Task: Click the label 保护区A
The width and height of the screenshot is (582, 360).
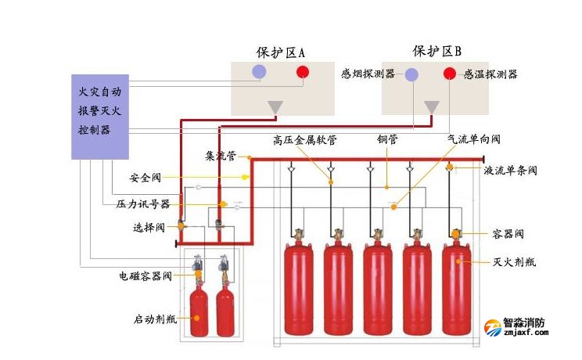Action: point(280,52)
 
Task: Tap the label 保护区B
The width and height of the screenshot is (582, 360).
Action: point(436,51)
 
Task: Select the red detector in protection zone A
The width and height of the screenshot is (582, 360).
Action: point(303,73)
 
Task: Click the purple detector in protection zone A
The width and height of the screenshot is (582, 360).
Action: point(257,73)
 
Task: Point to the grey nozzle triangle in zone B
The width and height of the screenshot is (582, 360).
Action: point(432,106)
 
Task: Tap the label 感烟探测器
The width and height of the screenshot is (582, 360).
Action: point(368,74)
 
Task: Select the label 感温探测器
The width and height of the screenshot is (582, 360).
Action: point(490,74)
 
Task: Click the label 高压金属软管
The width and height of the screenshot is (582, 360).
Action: point(304,139)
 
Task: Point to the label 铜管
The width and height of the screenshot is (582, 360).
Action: point(387,139)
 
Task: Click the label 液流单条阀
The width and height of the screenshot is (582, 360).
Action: point(510,170)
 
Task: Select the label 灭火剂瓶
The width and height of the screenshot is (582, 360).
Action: point(510,261)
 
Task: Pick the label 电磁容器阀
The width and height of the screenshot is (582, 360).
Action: point(145,275)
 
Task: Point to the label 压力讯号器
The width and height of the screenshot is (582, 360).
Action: point(137,204)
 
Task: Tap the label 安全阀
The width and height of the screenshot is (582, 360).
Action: point(144,178)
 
